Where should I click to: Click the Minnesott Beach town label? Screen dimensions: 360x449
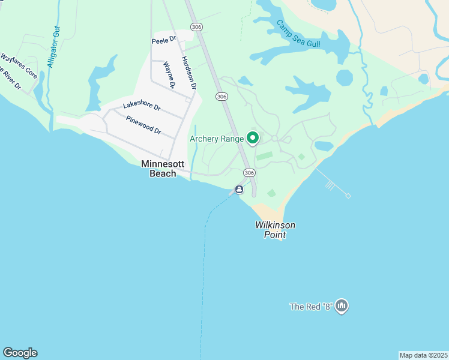[158, 169]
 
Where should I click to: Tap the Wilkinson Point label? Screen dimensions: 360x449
[275, 230]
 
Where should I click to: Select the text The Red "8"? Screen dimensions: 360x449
[311, 307]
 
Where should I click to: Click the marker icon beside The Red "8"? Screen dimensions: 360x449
[342, 306]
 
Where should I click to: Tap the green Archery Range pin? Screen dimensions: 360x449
[253, 139]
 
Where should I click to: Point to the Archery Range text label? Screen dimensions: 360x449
[217, 139]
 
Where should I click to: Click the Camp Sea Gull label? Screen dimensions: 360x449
[298, 34]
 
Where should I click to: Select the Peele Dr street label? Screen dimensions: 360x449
[164, 40]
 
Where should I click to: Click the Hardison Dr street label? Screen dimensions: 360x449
[188, 73]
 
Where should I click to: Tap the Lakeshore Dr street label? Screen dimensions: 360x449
[142, 106]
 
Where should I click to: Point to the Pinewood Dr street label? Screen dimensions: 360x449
[143, 125]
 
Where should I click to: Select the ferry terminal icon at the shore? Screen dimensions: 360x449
[239, 190]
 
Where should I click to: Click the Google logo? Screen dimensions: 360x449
[20, 353]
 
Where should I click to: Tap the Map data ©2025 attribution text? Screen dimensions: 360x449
[423, 355]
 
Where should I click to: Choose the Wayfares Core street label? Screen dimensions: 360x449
[19, 66]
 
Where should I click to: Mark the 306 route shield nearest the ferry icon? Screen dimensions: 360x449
[249, 173]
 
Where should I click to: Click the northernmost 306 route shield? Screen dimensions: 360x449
[196, 27]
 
